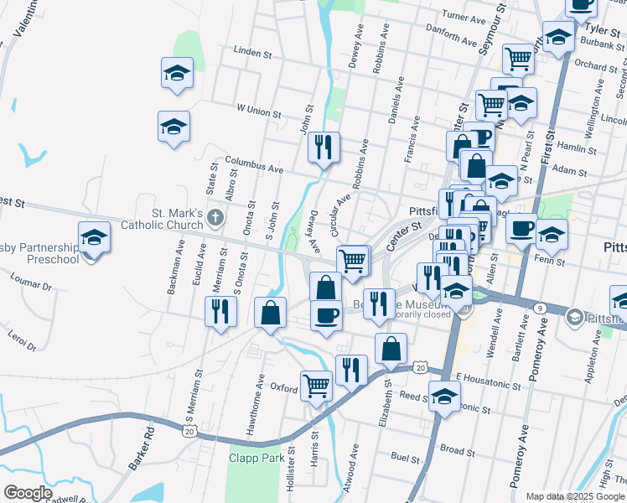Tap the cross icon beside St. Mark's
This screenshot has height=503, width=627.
[x=215, y=219]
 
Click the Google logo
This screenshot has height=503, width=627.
[x=28, y=493]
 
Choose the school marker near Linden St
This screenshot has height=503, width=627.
[x=178, y=73]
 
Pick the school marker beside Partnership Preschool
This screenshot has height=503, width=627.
[x=94, y=237]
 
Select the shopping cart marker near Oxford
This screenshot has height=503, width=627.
[x=316, y=386]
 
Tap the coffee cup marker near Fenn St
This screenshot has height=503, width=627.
[x=521, y=227]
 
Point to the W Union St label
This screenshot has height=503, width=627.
[x=259, y=110]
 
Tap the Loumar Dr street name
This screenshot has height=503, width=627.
[x=32, y=281]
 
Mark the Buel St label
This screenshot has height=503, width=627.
[x=405, y=456]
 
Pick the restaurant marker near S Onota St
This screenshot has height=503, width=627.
[x=220, y=312]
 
